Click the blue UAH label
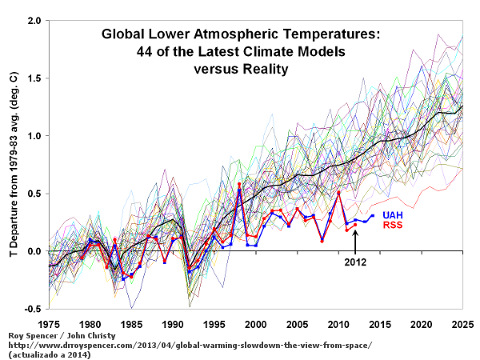(x=393, y=215)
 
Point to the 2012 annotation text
(x=355, y=262)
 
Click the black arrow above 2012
(x=355, y=241)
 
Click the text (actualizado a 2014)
(x=48, y=354)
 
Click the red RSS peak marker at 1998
(x=239, y=185)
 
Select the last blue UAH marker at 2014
(x=372, y=216)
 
